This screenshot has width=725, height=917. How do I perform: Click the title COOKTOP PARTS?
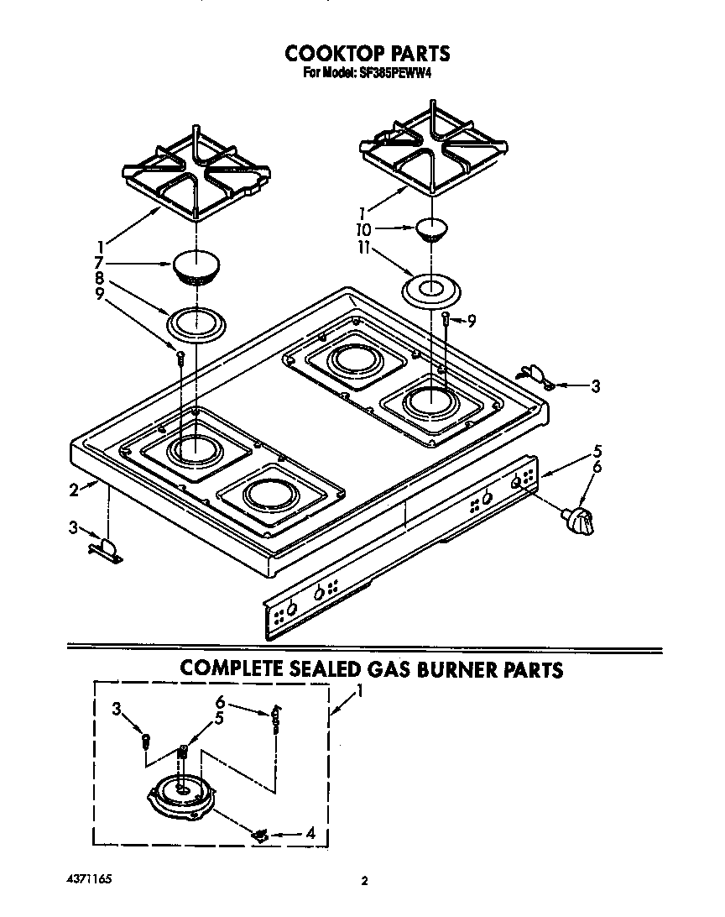tap(367, 53)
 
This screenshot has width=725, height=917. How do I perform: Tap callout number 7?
tap(100, 262)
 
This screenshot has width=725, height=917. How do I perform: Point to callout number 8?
tap(100, 278)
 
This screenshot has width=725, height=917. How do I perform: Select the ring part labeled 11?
tap(431, 291)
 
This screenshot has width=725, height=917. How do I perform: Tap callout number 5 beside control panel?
tap(598, 449)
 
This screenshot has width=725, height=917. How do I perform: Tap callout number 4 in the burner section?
tap(310, 834)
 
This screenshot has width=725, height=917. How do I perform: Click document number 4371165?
tap(88, 878)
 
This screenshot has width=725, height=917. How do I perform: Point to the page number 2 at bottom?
tap(363, 881)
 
